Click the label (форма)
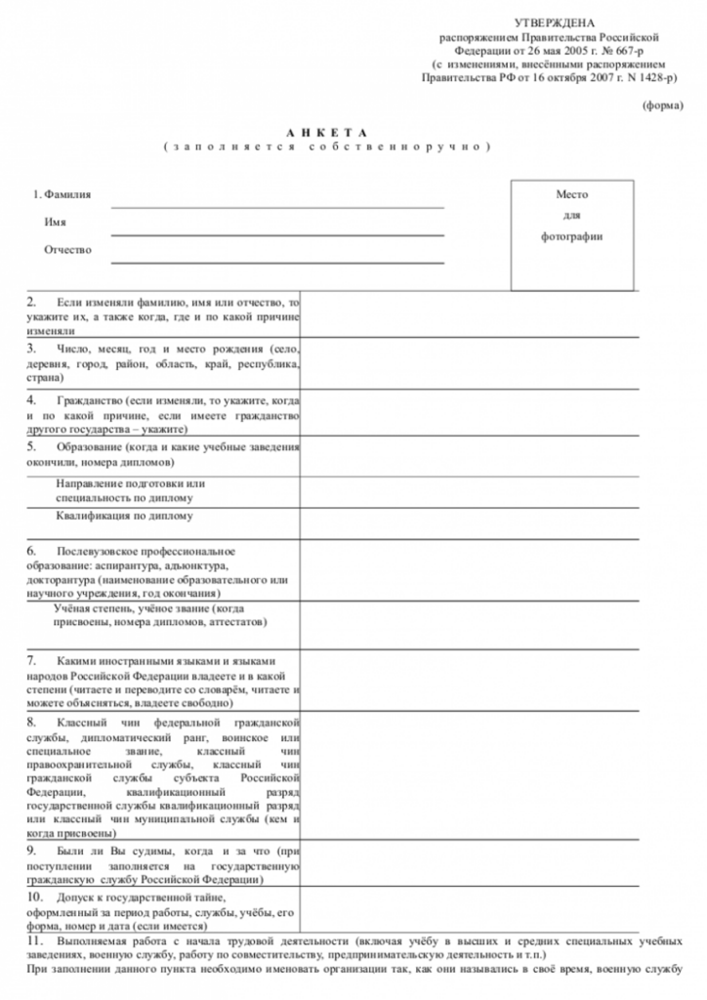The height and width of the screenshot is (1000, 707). point(663,104)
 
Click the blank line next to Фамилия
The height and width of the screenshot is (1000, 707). point(277,206)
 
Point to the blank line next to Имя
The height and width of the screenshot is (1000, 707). point(277,234)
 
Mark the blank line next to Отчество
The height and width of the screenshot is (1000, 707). point(277,262)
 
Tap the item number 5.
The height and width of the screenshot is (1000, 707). point(31,446)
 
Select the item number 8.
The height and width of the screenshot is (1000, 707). point(31,721)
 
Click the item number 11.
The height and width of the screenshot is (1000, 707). point(35,939)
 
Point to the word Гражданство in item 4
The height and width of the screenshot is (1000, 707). point(91,401)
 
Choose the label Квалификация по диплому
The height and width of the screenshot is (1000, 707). point(124,516)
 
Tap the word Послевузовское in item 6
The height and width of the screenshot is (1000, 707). point(105,552)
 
